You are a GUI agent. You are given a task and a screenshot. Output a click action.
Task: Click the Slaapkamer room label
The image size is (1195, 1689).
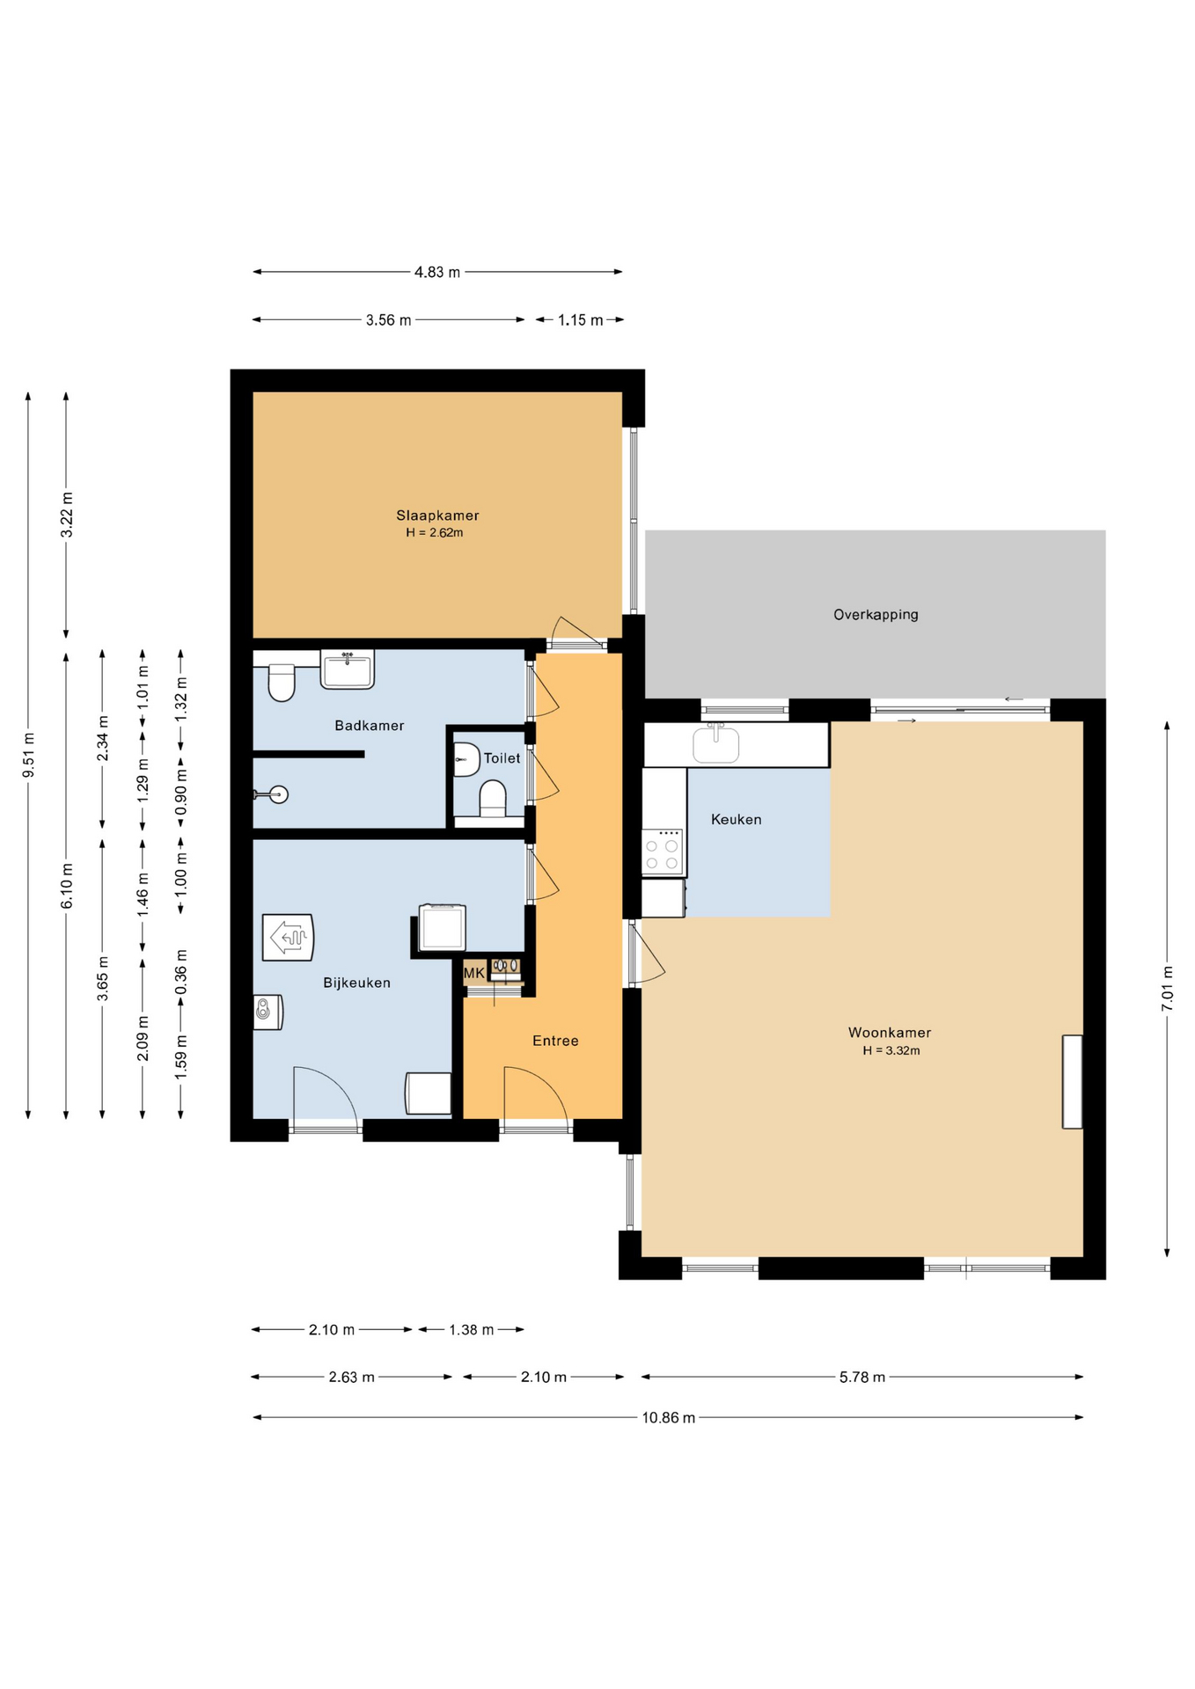tap(437, 515)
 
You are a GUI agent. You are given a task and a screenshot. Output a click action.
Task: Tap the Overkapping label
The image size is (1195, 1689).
tap(876, 615)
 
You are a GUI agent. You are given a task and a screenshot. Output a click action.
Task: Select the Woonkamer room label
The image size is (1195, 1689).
tap(890, 1033)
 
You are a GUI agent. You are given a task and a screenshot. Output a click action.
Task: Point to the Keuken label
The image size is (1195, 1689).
tap(737, 820)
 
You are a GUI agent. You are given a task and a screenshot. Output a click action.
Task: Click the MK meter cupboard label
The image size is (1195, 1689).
tap(474, 973)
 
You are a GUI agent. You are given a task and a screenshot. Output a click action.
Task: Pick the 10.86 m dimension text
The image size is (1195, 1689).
tap(669, 1417)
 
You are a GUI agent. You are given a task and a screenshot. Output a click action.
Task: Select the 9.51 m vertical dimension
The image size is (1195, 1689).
tap(28, 755)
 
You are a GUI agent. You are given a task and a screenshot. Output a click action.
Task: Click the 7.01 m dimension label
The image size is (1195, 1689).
tap(1167, 988)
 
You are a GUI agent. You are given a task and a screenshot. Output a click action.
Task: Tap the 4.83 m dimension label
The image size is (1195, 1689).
tap(437, 272)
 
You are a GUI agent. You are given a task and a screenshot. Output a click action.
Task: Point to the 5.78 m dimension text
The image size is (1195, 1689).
tap(862, 1377)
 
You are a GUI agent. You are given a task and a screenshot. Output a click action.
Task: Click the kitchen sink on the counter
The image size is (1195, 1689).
tap(715, 743)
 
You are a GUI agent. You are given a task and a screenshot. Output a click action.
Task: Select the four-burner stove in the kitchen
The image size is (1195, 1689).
tap(663, 852)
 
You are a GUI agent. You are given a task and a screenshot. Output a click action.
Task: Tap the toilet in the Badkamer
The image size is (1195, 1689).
tap(282, 683)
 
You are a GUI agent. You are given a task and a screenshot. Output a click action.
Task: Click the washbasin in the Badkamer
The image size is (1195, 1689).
tap(348, 669)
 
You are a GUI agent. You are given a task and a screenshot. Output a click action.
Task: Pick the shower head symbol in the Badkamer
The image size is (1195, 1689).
tap(274, 795)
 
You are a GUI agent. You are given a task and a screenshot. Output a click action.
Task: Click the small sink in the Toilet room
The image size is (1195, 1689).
tap(466, 759)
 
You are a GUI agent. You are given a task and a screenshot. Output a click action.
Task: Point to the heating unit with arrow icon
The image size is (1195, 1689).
tap(288, 938)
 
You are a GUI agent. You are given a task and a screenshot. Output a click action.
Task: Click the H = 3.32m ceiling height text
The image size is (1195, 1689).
tap(891, 1050)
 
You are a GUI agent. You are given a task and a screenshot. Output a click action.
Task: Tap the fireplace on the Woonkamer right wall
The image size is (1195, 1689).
tap(1072, 1082)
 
